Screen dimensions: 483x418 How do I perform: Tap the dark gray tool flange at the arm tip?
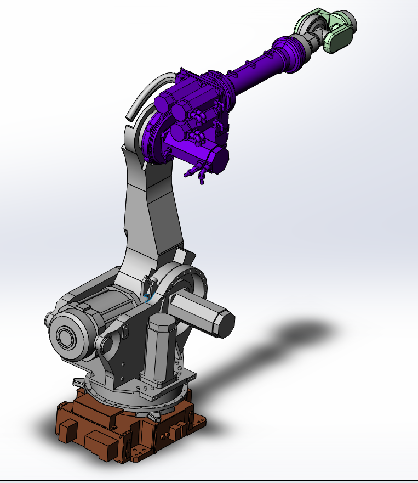[x=350, y=21]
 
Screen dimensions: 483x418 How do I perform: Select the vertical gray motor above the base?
[x=159, y=346]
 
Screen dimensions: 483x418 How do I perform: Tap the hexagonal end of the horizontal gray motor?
[x=225, y=324]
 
